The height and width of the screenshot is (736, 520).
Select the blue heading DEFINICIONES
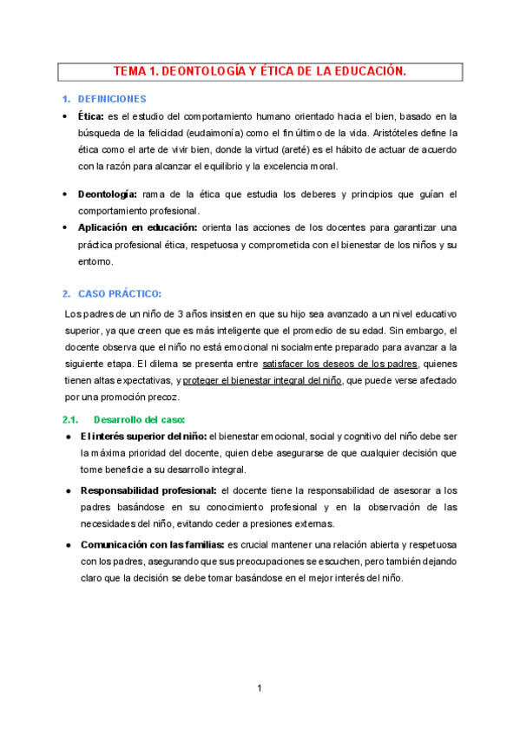coord(112,99)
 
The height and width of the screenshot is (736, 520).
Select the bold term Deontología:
coord(114,194)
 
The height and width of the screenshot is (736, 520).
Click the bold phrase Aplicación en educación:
coord(137,227)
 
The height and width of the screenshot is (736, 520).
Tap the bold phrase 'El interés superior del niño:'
coord(143,437)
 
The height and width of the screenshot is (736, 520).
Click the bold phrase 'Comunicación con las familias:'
coord(152,545)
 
